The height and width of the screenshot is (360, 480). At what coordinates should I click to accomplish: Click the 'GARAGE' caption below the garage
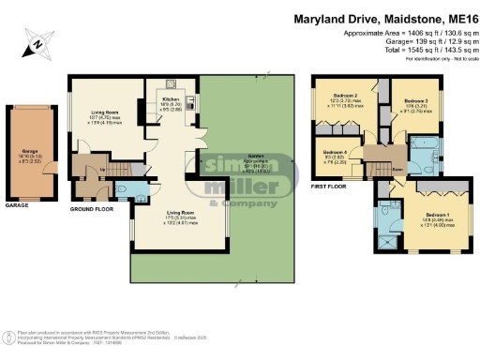17,204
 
